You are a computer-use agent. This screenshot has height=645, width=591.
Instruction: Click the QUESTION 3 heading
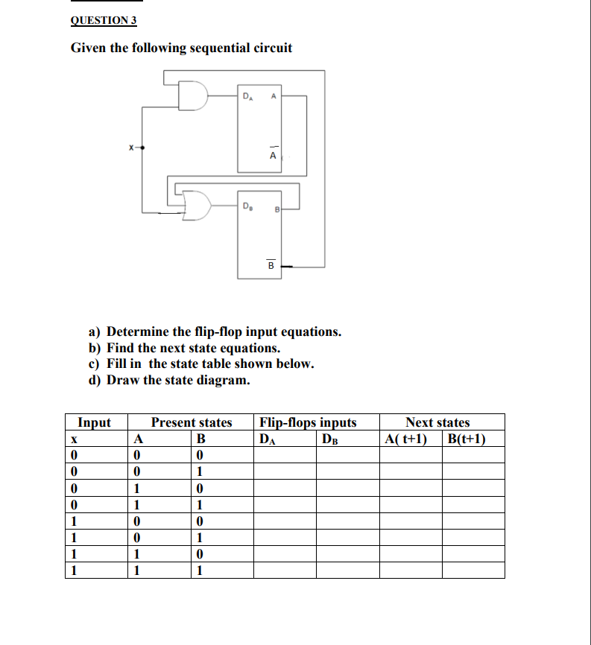98,20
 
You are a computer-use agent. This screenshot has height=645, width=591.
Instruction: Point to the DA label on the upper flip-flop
249,95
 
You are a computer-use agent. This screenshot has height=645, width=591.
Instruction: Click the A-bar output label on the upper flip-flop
273,154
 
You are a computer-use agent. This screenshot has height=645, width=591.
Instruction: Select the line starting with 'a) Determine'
215,331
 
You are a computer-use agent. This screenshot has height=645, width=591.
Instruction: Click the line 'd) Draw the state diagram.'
170,381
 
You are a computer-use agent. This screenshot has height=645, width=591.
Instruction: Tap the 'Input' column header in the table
95,422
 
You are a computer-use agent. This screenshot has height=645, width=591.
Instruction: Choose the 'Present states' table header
192,422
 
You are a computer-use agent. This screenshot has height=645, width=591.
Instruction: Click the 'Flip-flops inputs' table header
308,422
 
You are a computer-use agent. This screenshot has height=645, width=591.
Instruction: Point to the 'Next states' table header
437,422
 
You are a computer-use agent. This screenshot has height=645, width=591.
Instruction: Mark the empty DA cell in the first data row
285,454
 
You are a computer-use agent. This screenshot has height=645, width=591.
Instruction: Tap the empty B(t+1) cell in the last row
473,570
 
